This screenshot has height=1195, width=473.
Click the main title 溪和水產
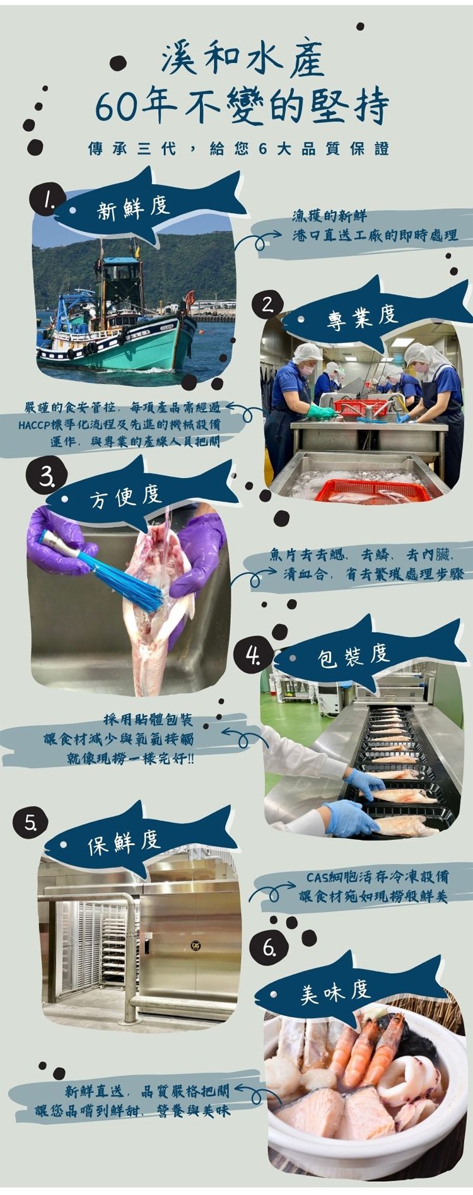(243, 60)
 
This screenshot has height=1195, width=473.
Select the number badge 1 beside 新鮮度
(46, 201)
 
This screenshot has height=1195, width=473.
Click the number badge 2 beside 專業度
(268, 305)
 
